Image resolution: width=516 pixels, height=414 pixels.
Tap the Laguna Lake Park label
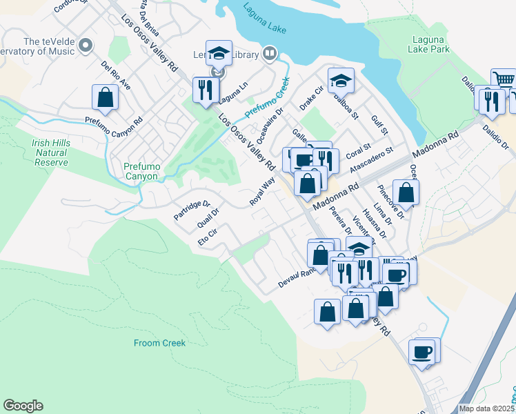(x=431, y=44)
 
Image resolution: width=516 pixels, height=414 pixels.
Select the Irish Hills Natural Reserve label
(x=50, y=152)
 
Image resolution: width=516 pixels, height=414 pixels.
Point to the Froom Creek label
(x=158, y=342)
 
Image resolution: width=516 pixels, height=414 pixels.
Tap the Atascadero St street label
(x=370, y=159)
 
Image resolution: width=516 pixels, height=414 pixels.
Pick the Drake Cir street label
(x=311, y=99)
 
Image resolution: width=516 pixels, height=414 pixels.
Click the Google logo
(x=23, y=406)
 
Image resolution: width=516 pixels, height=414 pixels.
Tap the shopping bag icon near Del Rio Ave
(x=105, y=97)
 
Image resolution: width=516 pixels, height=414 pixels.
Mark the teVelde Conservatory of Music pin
(x=86, y=46)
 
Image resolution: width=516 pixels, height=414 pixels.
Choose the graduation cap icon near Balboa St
(x=340, y=81)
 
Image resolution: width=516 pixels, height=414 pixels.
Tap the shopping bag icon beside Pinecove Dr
(x=406, y=193)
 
